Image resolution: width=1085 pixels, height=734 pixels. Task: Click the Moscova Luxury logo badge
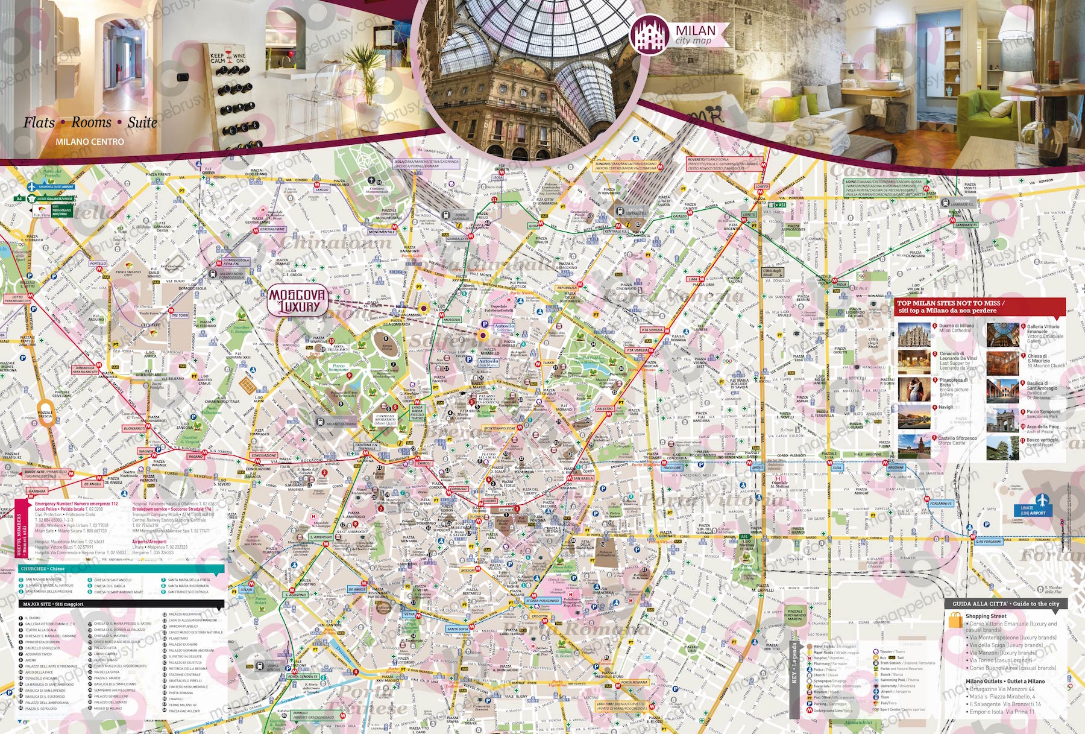(297, 301)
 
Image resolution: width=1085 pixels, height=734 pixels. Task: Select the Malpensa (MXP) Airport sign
(51, 187)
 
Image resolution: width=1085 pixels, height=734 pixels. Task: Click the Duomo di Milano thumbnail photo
(914, 335)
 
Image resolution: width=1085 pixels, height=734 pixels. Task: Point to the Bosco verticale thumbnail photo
(1003, 448)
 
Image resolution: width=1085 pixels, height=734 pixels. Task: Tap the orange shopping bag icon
(955, 621)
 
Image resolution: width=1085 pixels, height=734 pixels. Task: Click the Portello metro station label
(98, 264)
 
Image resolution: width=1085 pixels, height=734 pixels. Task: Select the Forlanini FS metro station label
(940, 504)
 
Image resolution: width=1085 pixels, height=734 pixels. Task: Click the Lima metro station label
(693, 279)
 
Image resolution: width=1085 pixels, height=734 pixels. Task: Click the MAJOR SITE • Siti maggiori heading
(53, 604)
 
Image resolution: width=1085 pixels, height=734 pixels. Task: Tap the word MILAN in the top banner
(695, 31)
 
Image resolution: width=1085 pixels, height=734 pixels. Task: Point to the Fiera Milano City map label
(128, 273)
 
